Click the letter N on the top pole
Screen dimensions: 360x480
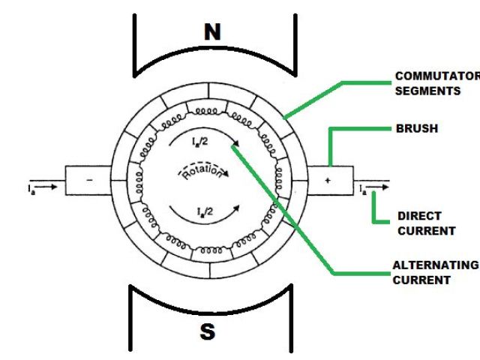[212, 32]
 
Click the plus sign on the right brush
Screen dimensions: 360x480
[327, 181]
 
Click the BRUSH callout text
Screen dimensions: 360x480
[416, 128]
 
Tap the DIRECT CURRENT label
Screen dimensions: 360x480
[425, 223]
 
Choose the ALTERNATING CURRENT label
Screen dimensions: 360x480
[434, 272]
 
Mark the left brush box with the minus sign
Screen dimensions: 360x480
[88, 181]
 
